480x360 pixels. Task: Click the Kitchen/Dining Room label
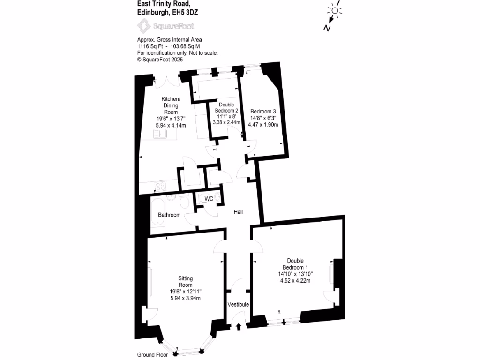tap(170, 105)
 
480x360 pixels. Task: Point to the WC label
tap(209, 199)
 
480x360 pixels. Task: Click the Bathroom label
tap(169, 215)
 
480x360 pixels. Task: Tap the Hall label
tap(239, 212)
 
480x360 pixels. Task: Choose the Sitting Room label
tap(186, 281)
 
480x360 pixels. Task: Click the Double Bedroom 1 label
tap(295, 263)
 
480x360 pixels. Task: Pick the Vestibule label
tap(238, 305)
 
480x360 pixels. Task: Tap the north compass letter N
tap(326, 28)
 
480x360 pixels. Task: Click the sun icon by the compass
tap(335, 11)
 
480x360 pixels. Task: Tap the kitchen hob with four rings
tap(160, 186)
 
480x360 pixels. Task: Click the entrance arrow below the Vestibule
tap(238, 326)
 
